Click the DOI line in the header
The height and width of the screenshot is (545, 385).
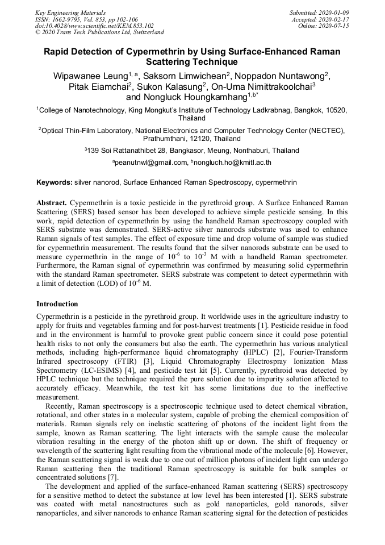point(94,26)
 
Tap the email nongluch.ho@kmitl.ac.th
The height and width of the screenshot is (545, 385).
point(233,163)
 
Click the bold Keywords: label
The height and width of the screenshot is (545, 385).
point(55,182)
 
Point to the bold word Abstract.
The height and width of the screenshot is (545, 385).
point(52,202)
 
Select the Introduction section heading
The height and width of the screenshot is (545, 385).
point(57,304)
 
